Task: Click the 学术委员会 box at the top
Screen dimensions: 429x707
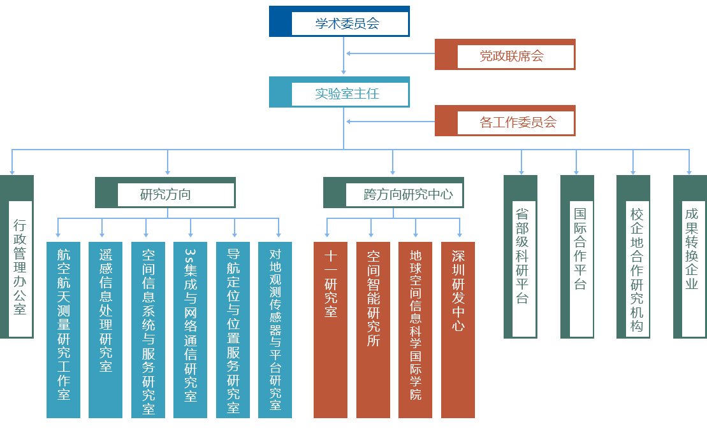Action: pyautogui.click(x=339, y=22)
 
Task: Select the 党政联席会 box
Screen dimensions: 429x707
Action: pyautogui.click(x=505, y=55)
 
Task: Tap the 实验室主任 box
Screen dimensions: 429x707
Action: pyautogui.click(x=339, y=92)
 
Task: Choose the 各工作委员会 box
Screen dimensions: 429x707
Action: pyautogui.click(x=505, y=121)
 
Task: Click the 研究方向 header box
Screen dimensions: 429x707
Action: pyautogui.click(x=165, y=193)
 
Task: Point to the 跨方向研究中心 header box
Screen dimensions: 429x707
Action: pyautogui.click(x=393, y=193)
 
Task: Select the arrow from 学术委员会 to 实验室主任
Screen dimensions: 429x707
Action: pyautogui.click(x=344, y=57)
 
